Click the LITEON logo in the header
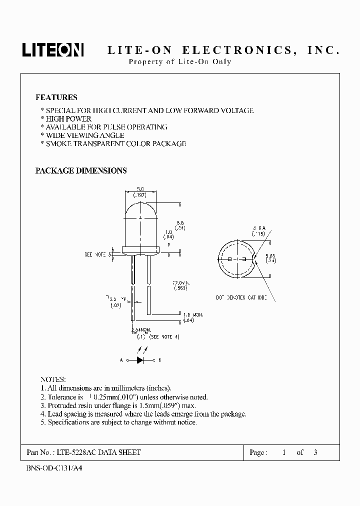pos(52,50)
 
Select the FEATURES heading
pos(56,97)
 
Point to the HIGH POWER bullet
pos(68,119)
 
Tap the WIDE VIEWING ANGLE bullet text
pos(84,135)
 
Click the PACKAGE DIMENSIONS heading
pos(80,170)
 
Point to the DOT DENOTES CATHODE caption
pos(242,297)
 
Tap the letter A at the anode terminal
pos(121,359)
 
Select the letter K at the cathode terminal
pos(159,359)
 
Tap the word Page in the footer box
pos(257,452)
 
